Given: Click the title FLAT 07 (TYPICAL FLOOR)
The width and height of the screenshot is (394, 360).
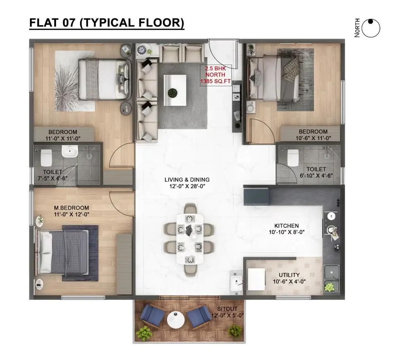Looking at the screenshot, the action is click(107, 23).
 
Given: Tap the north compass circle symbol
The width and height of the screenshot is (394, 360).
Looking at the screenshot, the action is click(371, 28).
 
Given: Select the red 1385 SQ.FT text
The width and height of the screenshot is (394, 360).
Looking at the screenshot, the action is click(216, 81).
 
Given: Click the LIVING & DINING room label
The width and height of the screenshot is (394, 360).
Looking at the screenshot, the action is click(187, 180).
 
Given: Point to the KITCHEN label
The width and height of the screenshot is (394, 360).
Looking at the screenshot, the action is click(287, 226).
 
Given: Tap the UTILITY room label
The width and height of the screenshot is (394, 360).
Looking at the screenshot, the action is click(289, 275).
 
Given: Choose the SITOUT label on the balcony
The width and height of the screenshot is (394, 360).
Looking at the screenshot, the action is click(227, 309).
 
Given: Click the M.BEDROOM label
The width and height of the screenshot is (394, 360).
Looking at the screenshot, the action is click(71, 208).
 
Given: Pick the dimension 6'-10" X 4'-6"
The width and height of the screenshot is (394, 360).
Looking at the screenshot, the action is click(316, 176).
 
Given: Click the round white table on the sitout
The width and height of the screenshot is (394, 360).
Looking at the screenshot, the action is click(176, 319).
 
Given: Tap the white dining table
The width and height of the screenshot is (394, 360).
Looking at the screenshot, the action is click(190, 239).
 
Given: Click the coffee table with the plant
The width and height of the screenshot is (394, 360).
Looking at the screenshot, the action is click(175, 90).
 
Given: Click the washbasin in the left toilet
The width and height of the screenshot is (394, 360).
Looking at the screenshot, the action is click(70, 151).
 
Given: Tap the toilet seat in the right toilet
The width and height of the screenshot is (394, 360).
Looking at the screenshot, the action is click(293, 157).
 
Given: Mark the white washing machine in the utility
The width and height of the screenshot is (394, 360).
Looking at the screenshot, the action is click(257, 279).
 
